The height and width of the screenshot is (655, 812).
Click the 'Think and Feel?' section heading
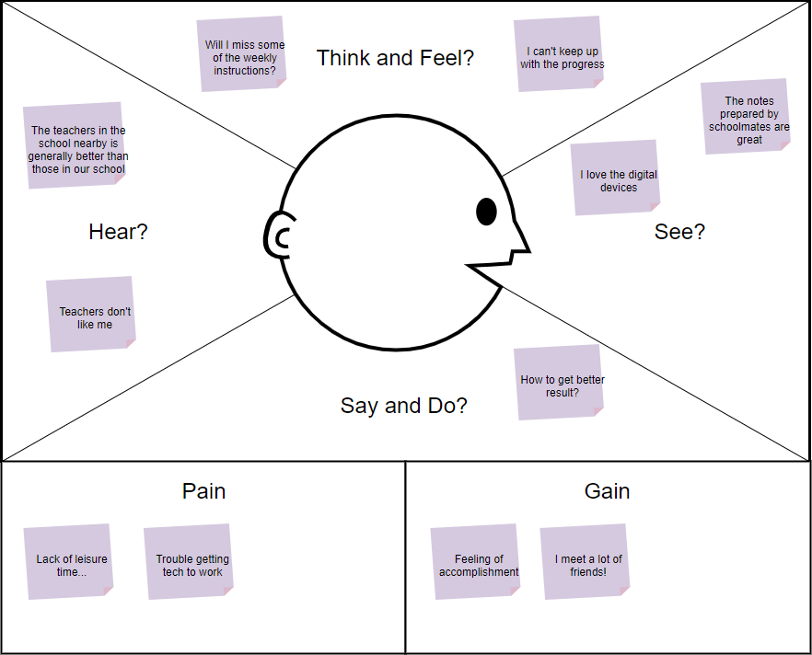point(395,58)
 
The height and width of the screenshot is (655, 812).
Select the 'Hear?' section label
point(118,232)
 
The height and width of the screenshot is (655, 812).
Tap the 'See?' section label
point(679,232)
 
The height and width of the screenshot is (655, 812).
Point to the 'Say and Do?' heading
point(404,406)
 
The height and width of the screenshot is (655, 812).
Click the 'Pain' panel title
point(203,491)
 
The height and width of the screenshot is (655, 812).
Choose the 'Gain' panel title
point(607,491)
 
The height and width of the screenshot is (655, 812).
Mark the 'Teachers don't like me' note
point(92,316)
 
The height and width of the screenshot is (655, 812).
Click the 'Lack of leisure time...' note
point(69,563)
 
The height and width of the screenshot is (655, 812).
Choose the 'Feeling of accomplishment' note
point(477,563)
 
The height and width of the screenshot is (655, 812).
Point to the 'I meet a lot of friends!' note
point(586,563)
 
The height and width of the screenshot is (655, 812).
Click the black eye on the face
point(486,212)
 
